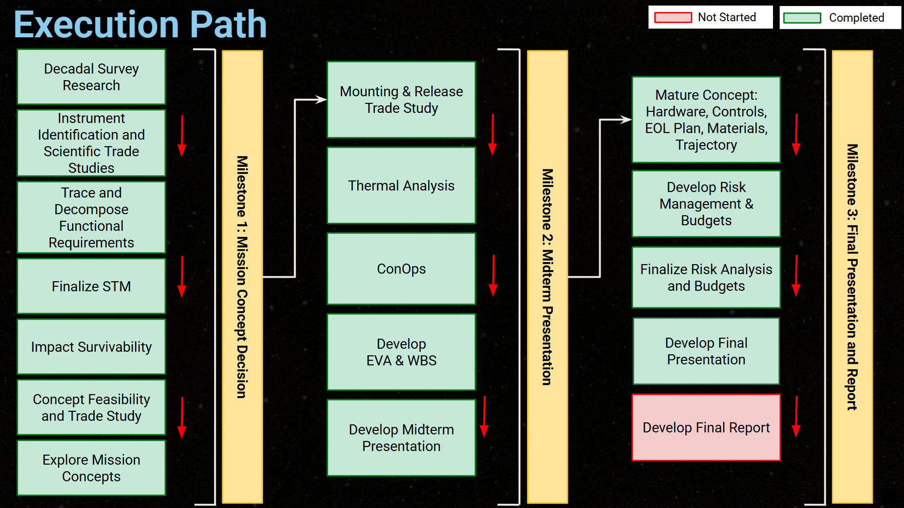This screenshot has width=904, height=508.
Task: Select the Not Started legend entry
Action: tap(710, 18)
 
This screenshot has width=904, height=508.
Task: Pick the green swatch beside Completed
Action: tap(802, 18)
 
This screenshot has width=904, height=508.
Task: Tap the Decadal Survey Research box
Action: tap(91, 77)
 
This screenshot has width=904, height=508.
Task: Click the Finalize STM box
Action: tap(91, 286)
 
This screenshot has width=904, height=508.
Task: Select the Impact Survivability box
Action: tap(91, 347)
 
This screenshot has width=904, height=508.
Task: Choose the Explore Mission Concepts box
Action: tap(91, 468)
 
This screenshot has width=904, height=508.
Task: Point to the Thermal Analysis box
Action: tap(401, 185)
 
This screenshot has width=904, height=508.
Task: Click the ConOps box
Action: tap(401, 269)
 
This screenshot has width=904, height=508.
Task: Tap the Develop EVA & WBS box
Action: tap(401, 352)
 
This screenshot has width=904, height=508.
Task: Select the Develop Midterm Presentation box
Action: tap(401, 437)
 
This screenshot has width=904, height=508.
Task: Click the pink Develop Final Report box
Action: tap(706, 427)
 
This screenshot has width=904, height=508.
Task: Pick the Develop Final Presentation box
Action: tap(706, 351)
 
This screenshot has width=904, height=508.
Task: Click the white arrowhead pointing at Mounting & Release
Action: tap(321, 99)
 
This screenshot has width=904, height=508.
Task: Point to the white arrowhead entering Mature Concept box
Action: tap(626, 119)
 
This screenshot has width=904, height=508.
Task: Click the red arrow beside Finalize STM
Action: tap(182, 277)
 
